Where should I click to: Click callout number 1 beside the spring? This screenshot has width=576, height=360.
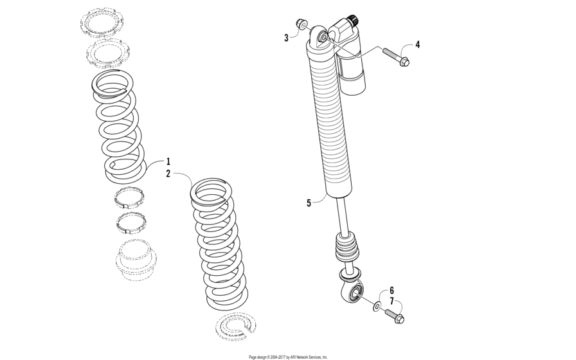click(x=168, y=161)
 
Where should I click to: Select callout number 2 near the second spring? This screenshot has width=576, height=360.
click(x=168, y=174)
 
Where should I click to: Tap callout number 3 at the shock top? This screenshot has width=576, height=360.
click(x=287, y=38)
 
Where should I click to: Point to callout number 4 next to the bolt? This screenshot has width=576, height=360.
click(x=417, y=44)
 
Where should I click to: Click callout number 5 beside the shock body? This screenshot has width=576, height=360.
click(x=309, y=203)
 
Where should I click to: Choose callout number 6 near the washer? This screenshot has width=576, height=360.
click(x=392, y=291)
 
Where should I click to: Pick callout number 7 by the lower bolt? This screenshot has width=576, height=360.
click(x=392, y=301)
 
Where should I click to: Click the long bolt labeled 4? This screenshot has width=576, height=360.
click(x=394, y=57)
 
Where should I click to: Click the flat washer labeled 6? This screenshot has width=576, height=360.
click(x=375, y=304)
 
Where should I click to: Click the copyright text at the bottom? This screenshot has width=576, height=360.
click(x=288, y=356)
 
